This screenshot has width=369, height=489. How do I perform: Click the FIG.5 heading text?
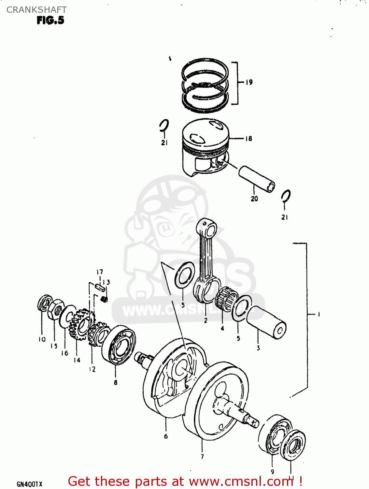(50, 20)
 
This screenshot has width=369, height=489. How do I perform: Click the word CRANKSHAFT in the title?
(36, 10)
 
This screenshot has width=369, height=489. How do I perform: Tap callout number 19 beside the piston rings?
(249, 82)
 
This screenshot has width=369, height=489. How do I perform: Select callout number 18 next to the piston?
(248, 139)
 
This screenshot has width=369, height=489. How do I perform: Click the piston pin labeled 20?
(257, 179)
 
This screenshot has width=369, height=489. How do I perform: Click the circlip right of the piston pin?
(286, 196)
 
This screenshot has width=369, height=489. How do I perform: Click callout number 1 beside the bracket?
(319, 314)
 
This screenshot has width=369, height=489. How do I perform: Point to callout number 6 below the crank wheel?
(166, 436)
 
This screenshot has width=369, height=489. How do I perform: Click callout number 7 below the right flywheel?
(202, 456)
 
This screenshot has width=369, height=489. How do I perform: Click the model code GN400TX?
(29, 484)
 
